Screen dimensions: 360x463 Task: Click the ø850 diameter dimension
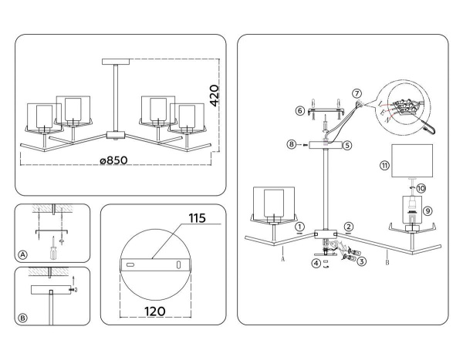(113, 160)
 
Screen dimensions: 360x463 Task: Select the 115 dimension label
(196, 219)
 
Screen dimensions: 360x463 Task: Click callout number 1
(299, 227)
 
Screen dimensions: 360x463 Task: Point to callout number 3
(361, 262)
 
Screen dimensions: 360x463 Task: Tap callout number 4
(316, 263)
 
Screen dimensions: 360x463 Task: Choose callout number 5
(347, 144)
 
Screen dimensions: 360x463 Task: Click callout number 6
(299, 111)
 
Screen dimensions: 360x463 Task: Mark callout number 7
(356, 93)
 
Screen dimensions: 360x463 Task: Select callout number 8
(291, 144)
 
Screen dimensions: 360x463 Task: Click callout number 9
(428, 208)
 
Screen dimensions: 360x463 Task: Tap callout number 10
(421, 187)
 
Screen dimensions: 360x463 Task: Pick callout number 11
(384, 166)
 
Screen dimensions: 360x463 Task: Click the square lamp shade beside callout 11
(415, 160)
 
